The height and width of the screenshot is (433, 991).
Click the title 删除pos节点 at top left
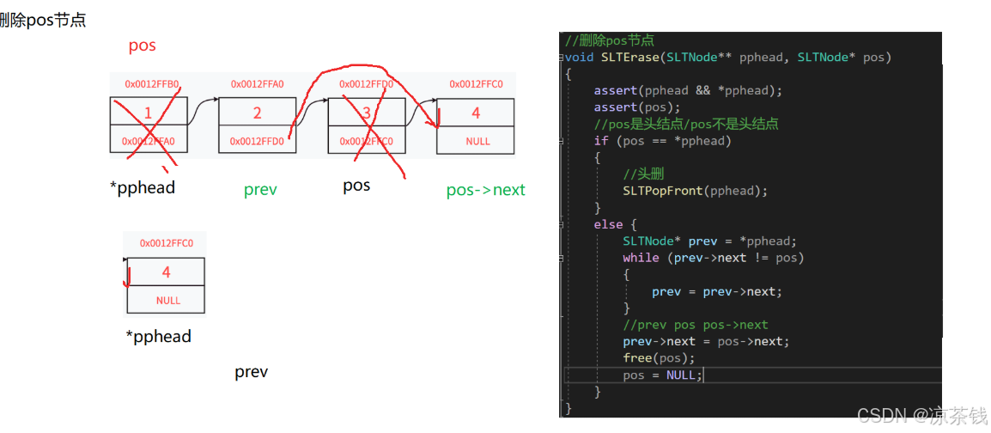coord(43,20)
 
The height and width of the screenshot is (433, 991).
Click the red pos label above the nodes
coord(142,46)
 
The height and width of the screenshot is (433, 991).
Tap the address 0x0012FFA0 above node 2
coord(257,84)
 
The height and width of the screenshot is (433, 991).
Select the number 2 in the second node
coord(257,113)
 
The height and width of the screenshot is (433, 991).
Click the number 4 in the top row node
coord(476,113)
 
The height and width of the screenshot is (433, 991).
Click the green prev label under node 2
coord(260,190)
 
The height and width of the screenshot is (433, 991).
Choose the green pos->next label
coord(485,190)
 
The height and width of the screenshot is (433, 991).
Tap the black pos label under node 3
coord(356,186)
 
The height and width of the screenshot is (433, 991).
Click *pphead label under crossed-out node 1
coord(143,187)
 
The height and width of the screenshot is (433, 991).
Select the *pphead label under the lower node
coord(158,336)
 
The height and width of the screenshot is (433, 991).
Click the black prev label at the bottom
coord(251,372)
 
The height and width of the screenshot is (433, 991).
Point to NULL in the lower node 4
coord(168,301)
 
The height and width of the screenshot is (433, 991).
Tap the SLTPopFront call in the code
coord(662,191)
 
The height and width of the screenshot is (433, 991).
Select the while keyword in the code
coord(641,258)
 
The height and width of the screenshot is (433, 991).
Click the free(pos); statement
coord(659,358)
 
